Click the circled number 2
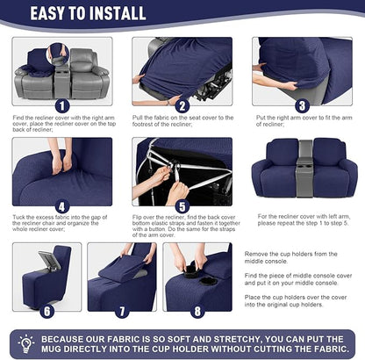pyautogui.click(x=182, y=106)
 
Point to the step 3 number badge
pyautogui.click(x=301, y=106)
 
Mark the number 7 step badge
pyautogui.click(x=121, y=311)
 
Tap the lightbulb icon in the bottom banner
pyautogui.click(x=25, y=342)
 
